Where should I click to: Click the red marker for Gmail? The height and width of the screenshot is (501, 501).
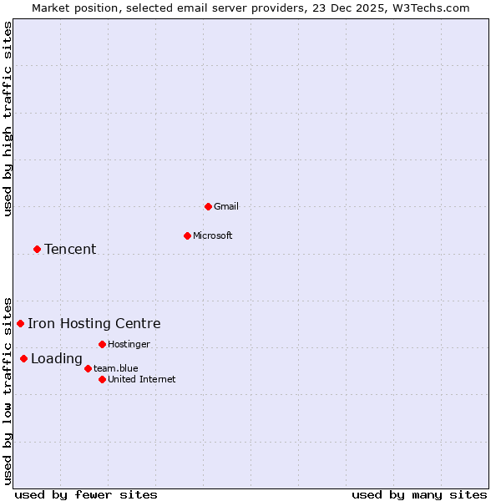click(x=208, y=206)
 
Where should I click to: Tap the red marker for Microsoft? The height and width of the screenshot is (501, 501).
click(x=187, y=235)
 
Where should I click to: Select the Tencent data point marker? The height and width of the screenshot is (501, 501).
click(x=37, y=249)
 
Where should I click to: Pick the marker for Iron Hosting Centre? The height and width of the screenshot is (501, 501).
click(x=20, y=323)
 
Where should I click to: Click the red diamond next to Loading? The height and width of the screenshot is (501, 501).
click(x=23, y=359)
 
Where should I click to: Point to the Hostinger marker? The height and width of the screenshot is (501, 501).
click(x=102, y=344)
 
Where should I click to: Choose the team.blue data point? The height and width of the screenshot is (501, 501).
click(x=88, y=368)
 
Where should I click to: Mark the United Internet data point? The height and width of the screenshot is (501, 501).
click(x=102, y=379)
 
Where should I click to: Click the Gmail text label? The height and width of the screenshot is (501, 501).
click(x=226, y=206)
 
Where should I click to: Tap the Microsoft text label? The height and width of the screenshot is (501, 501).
click(x=213, y=235)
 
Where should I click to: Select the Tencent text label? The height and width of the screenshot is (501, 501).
click(x=70, y=249)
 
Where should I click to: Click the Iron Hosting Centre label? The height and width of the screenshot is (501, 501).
click(x=94, y=324)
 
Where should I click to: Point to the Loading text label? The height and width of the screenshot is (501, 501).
click(x=57, y=359)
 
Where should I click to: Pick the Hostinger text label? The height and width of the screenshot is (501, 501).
click(x=129, y=344)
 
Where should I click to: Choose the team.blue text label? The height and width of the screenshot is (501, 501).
click(x=116, y=368)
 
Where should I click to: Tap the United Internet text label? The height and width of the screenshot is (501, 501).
click(x=142, y=379)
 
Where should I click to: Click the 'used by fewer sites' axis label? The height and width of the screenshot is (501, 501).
click(x=86, y=494)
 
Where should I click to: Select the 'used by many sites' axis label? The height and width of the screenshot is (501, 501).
click(x=419, y=494)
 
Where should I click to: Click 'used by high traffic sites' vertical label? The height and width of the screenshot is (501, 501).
click(x=8, y=119)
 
